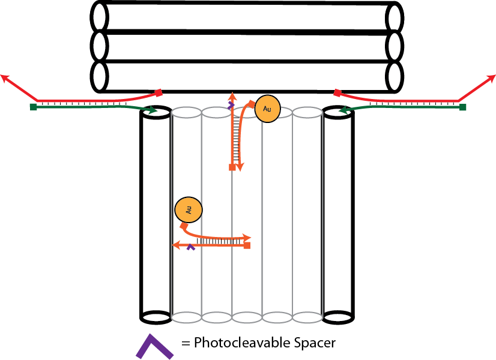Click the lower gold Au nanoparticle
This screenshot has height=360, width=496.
coord(188,210)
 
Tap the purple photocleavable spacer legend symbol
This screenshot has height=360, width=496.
coord(153,346)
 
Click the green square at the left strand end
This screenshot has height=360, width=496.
coord(33,107)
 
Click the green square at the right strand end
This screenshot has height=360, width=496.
coord(462,107)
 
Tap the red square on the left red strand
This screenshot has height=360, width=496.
coord(159,92)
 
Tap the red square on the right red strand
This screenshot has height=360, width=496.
coord(337,93)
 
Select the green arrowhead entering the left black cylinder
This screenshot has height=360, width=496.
coord(153,110)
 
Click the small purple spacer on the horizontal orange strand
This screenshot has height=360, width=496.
coord(191,246)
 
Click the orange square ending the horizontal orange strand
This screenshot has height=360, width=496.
coord(247,245)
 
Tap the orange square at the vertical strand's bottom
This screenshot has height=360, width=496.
coord(232,167)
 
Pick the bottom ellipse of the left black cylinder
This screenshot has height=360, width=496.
coord(156,316)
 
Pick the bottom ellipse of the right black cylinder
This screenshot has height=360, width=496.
coord(338,316)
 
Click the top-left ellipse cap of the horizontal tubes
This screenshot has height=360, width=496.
coord(100,17)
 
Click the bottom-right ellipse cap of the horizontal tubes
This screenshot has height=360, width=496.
coord(395,76)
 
